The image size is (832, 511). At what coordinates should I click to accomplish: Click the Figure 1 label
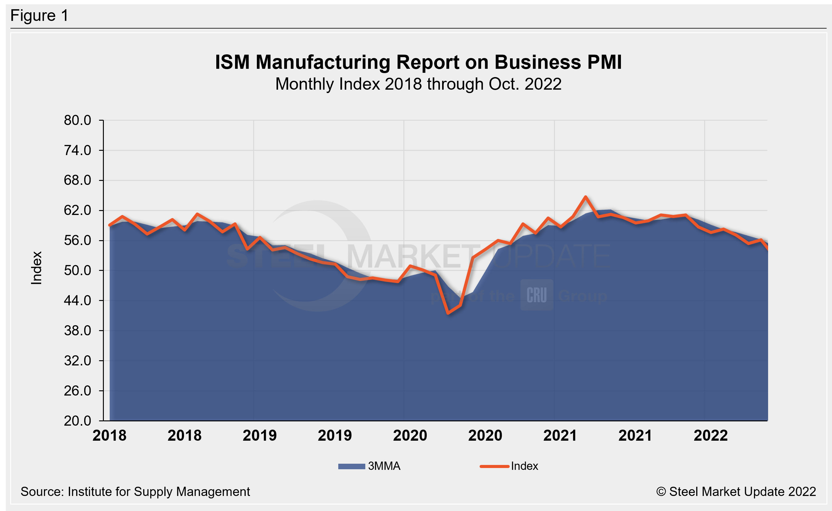pos(39,16)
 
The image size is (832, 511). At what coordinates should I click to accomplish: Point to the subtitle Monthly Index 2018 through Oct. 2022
pos(418,84)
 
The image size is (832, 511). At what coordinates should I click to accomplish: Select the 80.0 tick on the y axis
pos(77,120)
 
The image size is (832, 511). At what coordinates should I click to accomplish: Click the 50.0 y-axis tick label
pos(77,270)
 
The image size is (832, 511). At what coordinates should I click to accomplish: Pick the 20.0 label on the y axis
pos(77,421)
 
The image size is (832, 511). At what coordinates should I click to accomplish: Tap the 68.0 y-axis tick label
pos(77,180)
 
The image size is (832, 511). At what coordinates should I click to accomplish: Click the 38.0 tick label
pos(77,330)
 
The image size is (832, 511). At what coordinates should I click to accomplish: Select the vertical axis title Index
pos(37,268)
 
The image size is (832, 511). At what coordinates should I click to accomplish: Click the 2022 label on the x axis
pos(710,436)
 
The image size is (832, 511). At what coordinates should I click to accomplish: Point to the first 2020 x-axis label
pos(410,436)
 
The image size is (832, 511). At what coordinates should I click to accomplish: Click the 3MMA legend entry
pos(369,466)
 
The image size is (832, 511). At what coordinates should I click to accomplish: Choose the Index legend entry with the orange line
pos(509,466)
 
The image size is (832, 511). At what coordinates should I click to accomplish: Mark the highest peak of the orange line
pos(586,197)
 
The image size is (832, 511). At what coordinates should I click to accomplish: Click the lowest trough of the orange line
pos(448,313)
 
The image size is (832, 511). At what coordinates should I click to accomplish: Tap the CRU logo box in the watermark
pos(536,295)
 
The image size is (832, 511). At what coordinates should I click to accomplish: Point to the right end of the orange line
pos(767,249)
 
